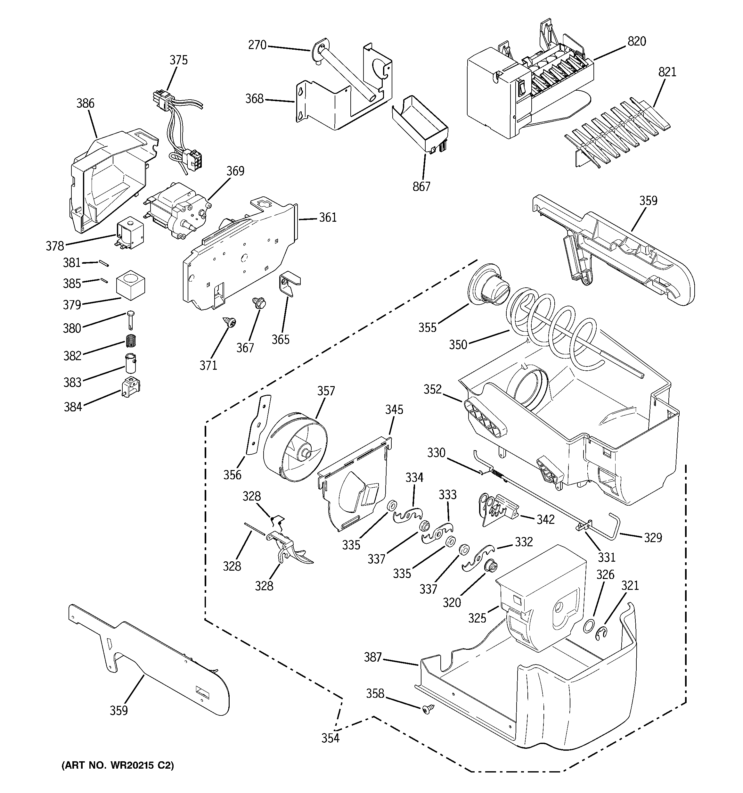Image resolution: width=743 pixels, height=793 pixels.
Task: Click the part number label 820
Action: (637, 41)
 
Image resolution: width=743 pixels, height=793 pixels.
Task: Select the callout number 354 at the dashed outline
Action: (330, 738)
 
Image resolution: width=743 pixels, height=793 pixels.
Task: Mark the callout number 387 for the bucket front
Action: (373, 657)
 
